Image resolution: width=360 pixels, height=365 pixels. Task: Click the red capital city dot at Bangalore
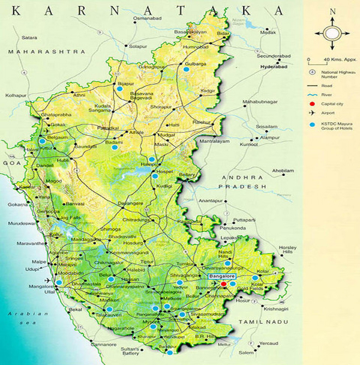(x=223, y=283)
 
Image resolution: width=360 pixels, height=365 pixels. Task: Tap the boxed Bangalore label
(x=222, y=276)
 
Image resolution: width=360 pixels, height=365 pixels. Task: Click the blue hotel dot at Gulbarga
(x=186, y=70)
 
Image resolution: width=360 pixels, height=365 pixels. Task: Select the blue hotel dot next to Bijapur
(x=119, y=88)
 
